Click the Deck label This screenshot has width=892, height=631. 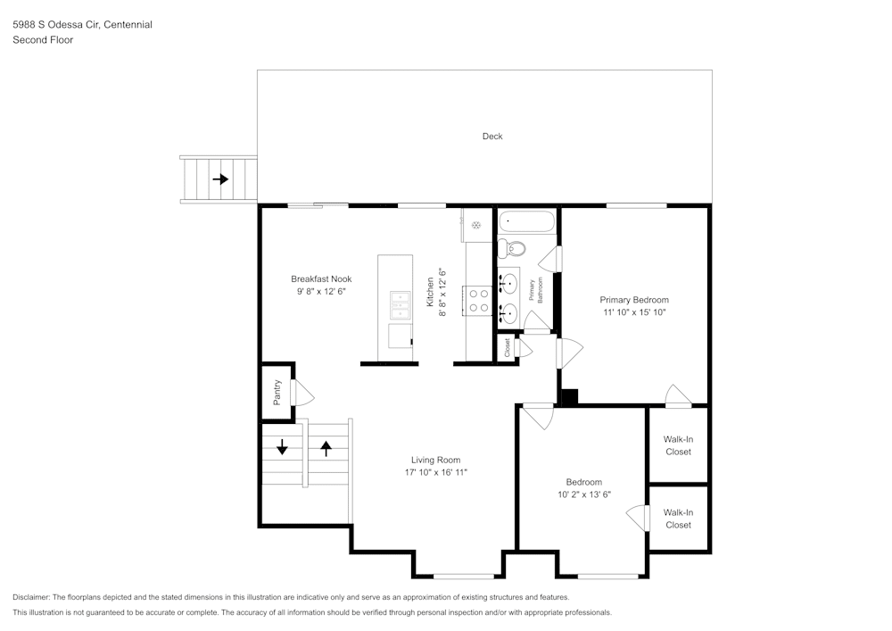492,137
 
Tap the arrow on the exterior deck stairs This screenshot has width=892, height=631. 220,179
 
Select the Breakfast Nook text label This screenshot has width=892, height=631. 321,278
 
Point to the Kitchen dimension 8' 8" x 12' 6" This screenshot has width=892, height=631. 441,286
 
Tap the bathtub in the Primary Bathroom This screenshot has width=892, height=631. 526,220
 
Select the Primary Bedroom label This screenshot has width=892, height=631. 633,300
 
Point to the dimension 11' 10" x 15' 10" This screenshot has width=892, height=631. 633,312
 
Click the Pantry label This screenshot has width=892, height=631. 277,393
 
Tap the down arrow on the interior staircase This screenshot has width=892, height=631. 282,447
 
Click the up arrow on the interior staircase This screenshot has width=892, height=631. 326,447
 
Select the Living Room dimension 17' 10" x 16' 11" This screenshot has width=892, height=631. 435,472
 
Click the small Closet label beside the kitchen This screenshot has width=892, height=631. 508,348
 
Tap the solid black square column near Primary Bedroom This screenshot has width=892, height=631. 568,397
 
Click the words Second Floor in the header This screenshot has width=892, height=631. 43,40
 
